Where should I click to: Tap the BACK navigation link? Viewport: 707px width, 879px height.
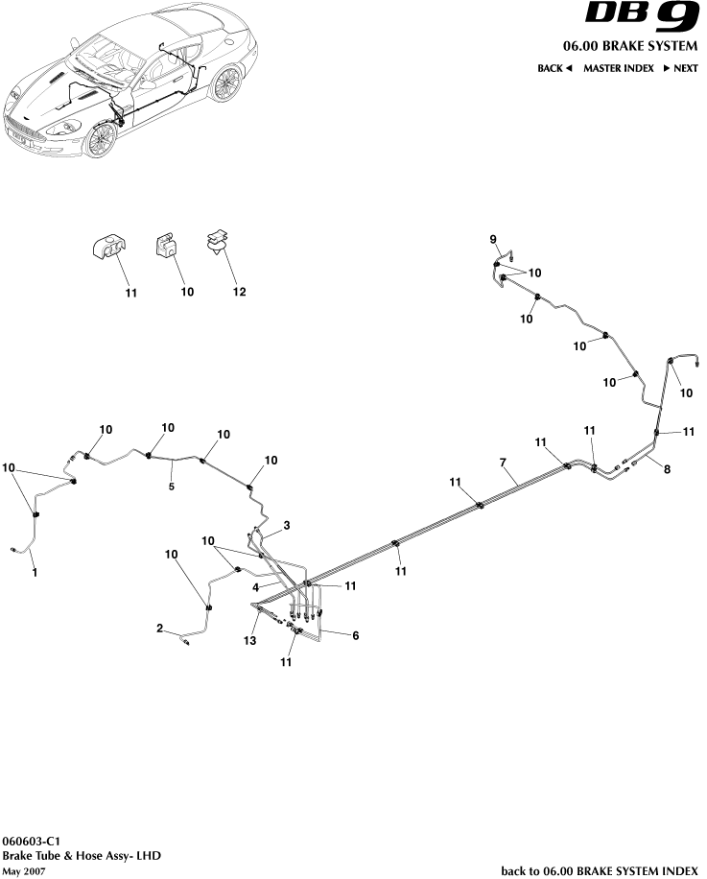[x=554, y=68]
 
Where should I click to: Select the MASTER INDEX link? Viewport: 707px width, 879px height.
[x=619, y=68]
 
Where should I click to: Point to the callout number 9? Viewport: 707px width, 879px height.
[x=493, y=238]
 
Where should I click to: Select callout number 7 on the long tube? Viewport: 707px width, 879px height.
[x=502, y=463]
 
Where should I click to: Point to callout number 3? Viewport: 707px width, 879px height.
[x=286, y=525]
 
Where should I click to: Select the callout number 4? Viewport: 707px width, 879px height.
[x=256, y=584]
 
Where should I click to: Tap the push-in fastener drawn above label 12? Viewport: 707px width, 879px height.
[x=219, y=244]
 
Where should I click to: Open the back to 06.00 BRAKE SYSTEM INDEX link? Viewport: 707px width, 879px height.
[x=600, y=870]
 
